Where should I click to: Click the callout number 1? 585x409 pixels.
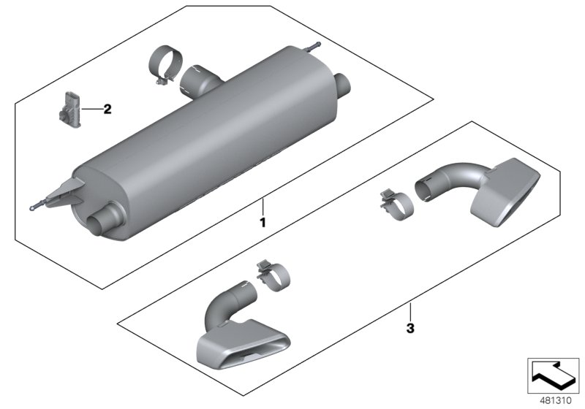tap(263, 219)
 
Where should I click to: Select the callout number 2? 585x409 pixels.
tap(107, 110)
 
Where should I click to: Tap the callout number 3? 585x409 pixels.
tap(410, 329)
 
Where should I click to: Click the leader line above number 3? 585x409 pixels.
tap(410, 310)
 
